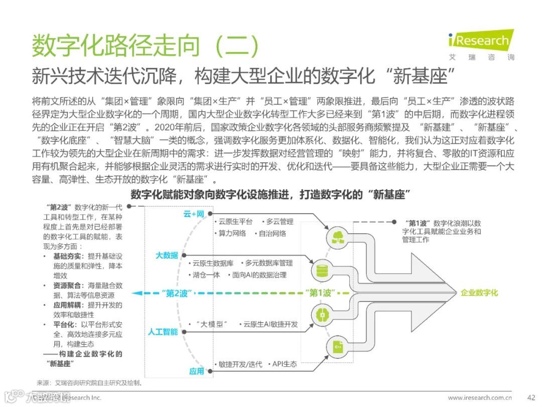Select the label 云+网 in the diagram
[194, 214]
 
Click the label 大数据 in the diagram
[167, 256]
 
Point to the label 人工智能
[163, 332]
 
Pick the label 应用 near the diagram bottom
[197, 371]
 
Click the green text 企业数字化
[479, 292]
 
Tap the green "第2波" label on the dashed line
[176, 293]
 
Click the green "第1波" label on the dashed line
[320, 293]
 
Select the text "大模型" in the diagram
[211, 325]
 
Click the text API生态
[284, 364]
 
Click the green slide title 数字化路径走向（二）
[146, 47]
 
